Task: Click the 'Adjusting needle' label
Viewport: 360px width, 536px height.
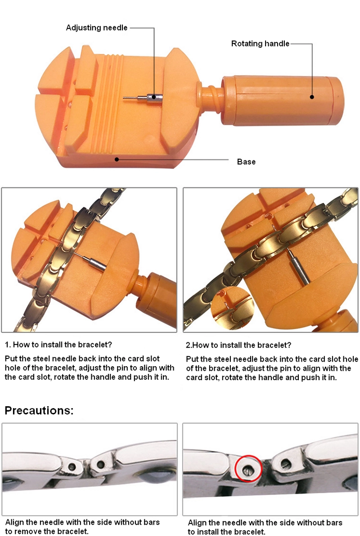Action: tap(97, 27)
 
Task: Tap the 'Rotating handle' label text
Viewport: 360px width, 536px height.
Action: tap(260, 44)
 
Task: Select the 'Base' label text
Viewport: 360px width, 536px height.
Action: tap(246, 162)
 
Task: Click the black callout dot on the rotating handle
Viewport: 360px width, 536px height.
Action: tap(312, 97)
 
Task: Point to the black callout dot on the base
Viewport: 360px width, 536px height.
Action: tap(117, 159)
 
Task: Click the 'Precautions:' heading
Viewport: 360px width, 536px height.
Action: tap(39, 410)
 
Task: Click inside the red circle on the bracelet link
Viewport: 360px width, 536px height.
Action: tap(248, 468)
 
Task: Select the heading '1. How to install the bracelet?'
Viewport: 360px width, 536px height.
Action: tap(58, 345)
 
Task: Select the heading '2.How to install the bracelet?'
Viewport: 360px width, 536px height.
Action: tap(238, 345)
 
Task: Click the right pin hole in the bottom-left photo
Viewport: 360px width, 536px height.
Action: tap(100, 464)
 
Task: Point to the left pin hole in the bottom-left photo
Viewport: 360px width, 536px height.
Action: tap(72, 467)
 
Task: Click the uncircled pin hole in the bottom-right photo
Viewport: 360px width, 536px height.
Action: tap(286, 464)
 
